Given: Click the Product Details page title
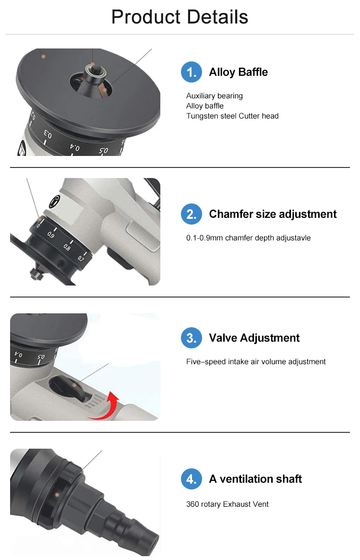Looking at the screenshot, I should pyautogui.click(x=180, y=17).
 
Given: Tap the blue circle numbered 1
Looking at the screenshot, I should pyautogui.click(x=191, y=72).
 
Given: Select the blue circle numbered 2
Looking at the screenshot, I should pyautogui.click(x=191, y=214).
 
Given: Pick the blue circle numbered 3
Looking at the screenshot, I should pyautogui.click(x=191, y=338).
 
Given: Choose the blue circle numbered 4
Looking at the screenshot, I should pyautogui.click(x=191, y=479).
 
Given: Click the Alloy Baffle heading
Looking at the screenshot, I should pyautogui.click(x=238, y=72).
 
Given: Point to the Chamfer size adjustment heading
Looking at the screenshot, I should pyautogui.click(x=273, y=214).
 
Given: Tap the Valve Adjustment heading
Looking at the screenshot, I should pyautogui.click(x=254, y=338).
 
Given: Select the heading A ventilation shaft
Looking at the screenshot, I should pyautogui.click(x=255, y=479).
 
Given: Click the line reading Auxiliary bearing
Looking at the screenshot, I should pyautogui.click(x=214, y=96).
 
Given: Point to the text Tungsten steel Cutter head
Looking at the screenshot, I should pyautogui.click(x=232, y=116).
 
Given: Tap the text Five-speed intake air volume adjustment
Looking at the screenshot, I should pyautogui.click(x=256, y=362).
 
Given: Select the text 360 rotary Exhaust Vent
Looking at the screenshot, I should pyautogui.click(x=227, y=504).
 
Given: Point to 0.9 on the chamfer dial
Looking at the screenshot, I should pyautogui.click(x=50, y=235).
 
